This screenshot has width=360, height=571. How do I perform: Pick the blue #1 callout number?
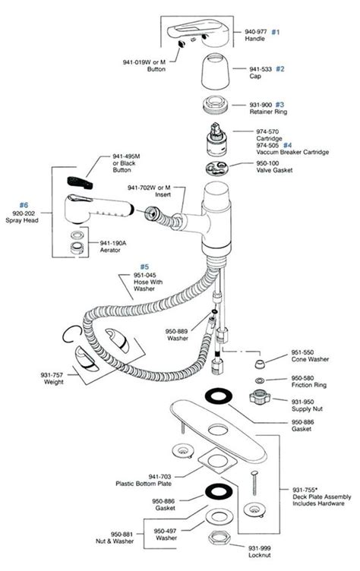point(276,32)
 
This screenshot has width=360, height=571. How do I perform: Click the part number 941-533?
point(261,69)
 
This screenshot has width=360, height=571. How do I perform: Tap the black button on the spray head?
point(79,182)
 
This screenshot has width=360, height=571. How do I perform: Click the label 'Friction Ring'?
point(305,384)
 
